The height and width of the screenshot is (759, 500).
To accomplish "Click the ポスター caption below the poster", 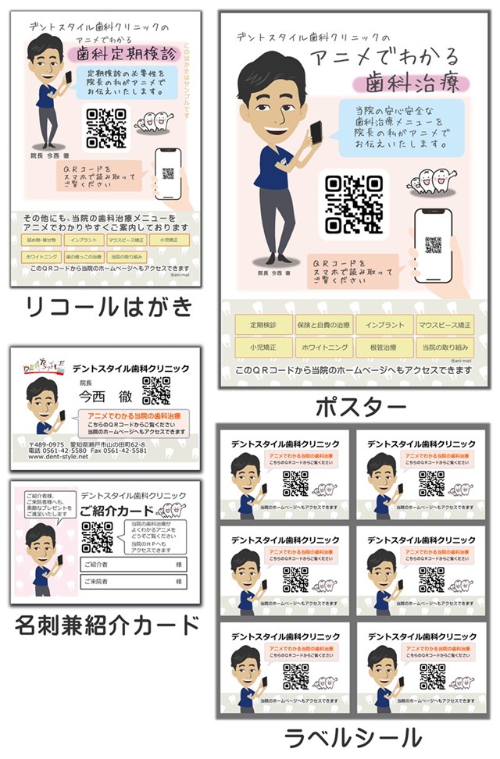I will pyautogui.click(x=360, y=407).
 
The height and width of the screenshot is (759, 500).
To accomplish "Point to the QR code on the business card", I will pyautogui.click(x=156, y=390).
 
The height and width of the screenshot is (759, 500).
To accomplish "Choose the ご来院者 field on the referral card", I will pyautogui.click(x=133, y=582).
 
